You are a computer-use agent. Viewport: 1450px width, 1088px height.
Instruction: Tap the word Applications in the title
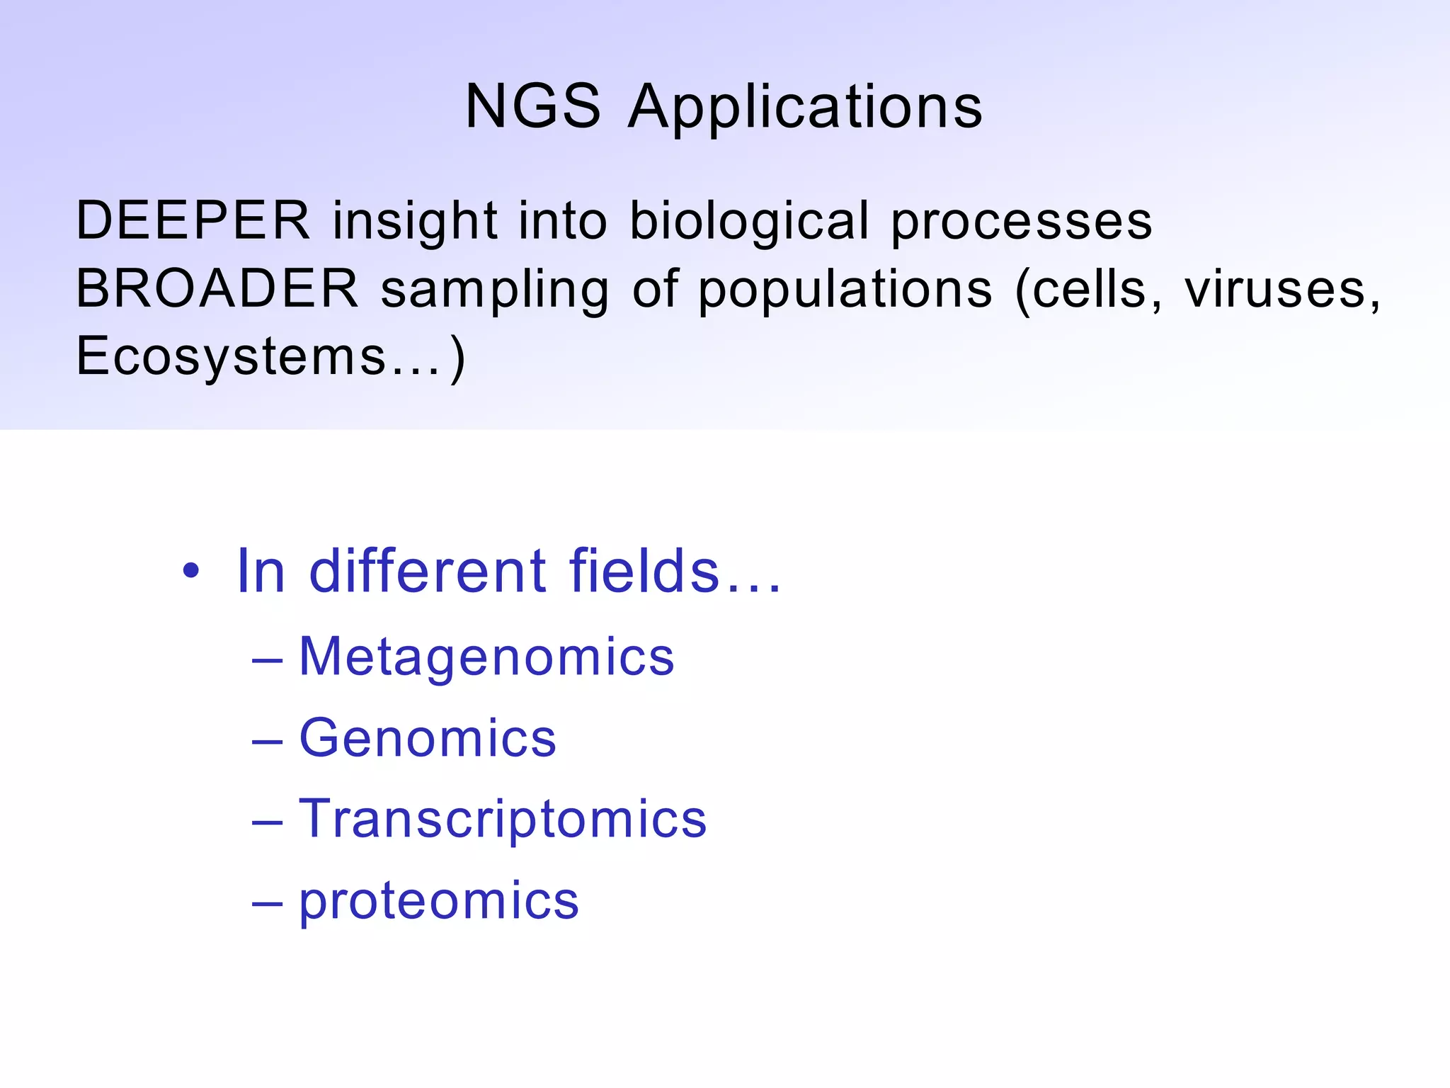805,108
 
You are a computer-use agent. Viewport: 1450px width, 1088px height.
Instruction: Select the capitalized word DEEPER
193,220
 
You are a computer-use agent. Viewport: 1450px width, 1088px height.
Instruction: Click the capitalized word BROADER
217,289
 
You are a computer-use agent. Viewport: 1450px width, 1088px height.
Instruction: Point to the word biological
749,220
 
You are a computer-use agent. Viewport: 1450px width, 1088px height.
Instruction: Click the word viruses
1280,289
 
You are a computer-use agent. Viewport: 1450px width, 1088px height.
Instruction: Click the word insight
415,220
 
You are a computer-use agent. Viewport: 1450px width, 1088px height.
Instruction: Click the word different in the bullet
428,571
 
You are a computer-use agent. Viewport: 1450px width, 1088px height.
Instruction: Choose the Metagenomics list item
486,657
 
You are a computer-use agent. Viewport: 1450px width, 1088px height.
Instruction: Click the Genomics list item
428,738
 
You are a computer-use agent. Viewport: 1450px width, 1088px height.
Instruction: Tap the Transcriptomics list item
503,820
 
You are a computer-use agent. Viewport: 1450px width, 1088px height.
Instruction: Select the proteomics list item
439,902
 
